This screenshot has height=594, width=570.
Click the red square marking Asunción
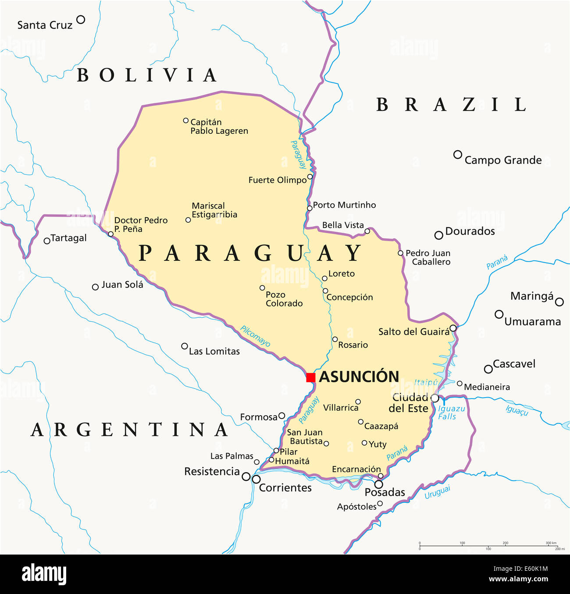[x=311, y=377]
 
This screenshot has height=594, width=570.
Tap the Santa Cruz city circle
[x=81, y=19]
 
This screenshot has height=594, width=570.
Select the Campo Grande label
[x=503, y=160]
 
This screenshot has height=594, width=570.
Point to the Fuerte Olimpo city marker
[x=310, y=177]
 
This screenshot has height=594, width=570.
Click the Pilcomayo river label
[x=255, y=336]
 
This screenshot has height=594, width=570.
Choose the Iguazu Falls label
[x=451, y=413]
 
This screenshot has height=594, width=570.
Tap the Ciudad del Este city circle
[x=435, y=398]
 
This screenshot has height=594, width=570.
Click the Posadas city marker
[x=378, y=484]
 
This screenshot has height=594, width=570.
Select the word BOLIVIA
[x=147, y=75]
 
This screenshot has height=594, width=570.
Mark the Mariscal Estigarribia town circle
[x=188, y=220]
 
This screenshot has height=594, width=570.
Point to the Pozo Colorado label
[x=284, y=299]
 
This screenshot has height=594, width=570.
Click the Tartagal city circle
[x=47, y=241]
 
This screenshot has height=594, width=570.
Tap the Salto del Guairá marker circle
[x=453, y=328]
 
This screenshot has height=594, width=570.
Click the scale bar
[x=488, y=546]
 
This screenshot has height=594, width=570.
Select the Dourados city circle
[x=438, y=235]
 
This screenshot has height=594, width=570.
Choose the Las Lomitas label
[x=214, y=352]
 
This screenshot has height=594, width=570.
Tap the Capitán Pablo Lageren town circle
[x=186, y=121]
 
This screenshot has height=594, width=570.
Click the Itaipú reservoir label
[x=426, y=383]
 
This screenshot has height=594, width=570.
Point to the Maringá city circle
[x=559, y=302]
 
